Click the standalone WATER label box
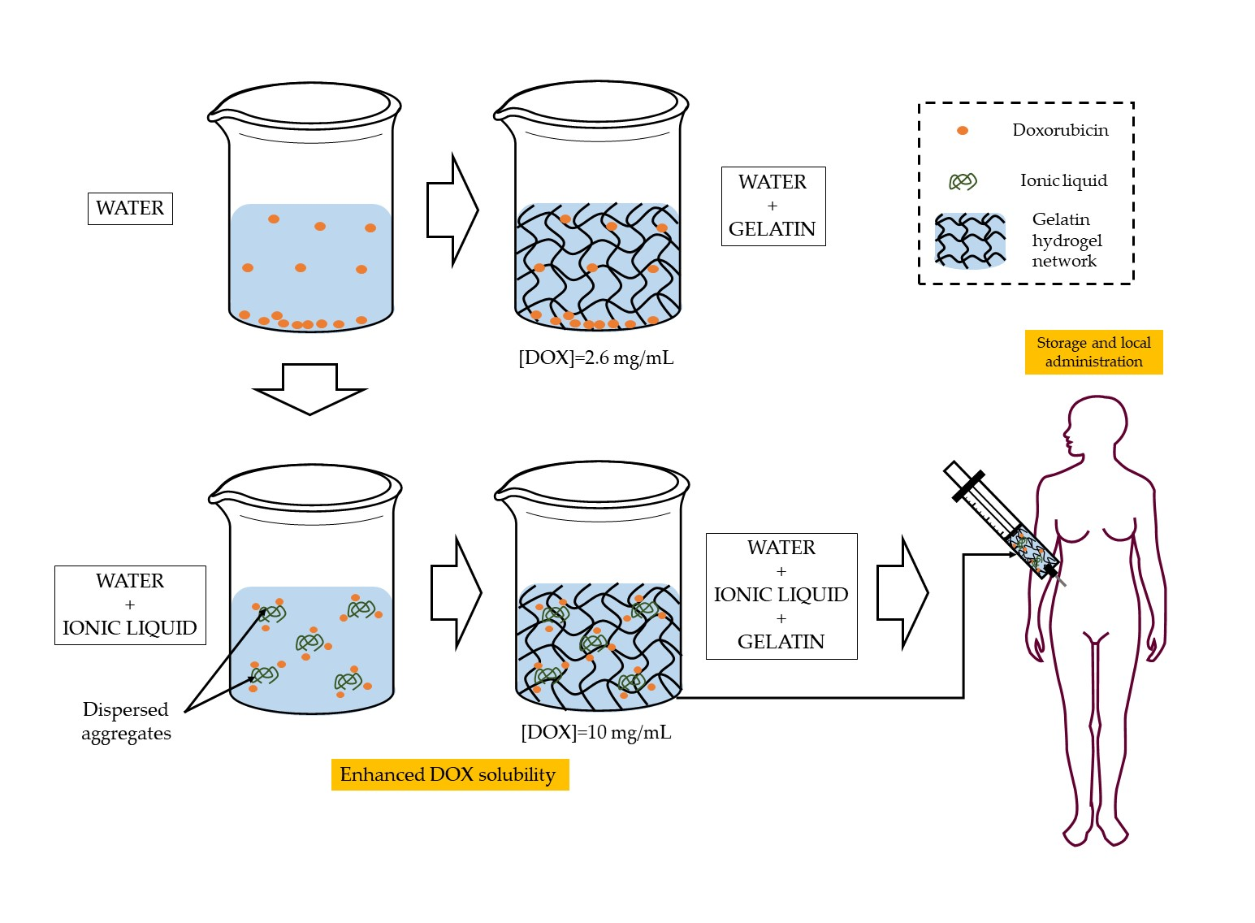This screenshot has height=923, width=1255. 130,209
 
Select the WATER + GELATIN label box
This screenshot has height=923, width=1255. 772,206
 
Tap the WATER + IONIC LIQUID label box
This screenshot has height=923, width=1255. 130,604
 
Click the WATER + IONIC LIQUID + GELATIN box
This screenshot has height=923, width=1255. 781,596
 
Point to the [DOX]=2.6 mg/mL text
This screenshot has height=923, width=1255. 595,357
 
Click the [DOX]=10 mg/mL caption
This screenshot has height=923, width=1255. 595,732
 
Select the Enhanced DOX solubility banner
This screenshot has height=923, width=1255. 449,774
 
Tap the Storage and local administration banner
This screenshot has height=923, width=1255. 1093,352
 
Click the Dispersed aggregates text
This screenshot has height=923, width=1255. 126,721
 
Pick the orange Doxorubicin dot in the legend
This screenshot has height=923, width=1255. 963,131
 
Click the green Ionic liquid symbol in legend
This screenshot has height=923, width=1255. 963,181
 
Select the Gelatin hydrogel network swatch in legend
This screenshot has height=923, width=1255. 970,241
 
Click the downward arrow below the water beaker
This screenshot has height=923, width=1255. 310,388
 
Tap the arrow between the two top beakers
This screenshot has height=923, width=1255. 452,210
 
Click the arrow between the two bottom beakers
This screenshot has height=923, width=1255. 456,593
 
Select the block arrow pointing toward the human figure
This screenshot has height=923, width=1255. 902,593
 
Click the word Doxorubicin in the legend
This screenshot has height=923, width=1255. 1060,130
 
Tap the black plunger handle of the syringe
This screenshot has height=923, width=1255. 968,486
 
